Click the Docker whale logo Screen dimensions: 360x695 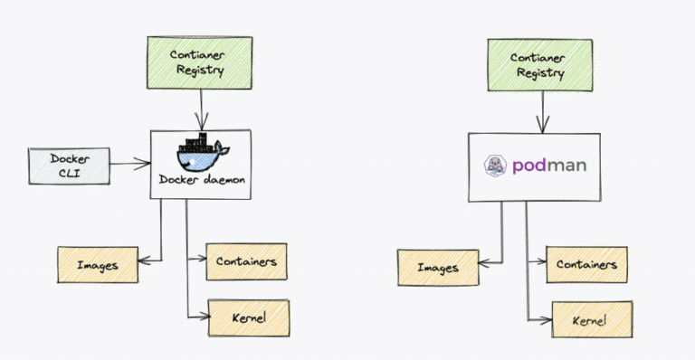(200, 154)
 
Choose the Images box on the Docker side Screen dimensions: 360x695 (99, 265)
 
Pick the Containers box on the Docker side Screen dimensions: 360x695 (246, 262)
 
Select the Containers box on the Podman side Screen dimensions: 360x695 (586, 264)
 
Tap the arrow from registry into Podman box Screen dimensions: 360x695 (543, 112)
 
